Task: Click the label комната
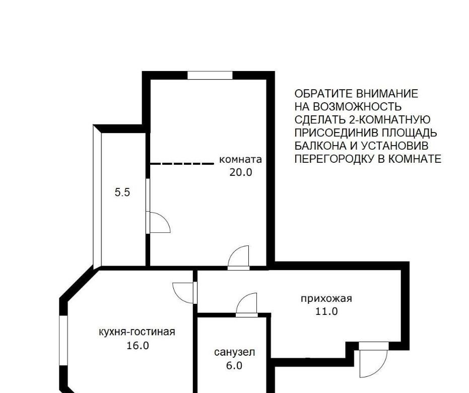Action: coord(240,159)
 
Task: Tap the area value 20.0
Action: coord(241,172)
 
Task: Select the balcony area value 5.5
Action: coord(122,192)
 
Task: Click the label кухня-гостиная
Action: coord(137,332)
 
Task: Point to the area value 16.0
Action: coord(138,346)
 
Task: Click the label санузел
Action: coord(235,352)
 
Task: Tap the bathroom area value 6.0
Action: coord(234,365)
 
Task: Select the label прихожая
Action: coord(326,298)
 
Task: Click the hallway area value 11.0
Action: coord(326,312)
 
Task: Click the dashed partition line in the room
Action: coord(181,164)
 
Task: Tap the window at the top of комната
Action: coord(210,76)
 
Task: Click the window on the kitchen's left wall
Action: coord(63,340)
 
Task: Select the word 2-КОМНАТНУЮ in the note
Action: coord(389,119)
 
